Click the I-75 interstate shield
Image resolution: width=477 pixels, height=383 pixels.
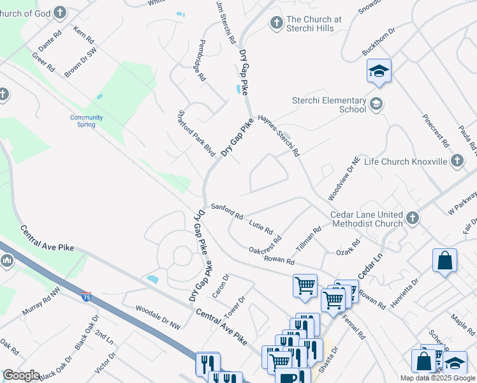tap(86, 296)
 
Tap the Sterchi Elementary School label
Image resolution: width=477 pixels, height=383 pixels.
tap(329, 105)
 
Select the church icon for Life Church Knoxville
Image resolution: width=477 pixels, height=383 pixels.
tap(457, 161)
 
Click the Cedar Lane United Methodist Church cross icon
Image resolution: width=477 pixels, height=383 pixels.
tap(412, 218)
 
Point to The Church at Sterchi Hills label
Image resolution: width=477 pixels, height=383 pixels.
tap(314, 24)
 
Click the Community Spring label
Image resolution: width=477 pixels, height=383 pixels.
tap(87, 121)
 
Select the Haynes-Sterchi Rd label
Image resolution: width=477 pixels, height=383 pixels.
tap(279, 136)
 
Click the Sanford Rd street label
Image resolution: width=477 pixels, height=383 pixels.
tap(227, 211)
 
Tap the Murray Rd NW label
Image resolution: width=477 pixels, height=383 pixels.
tap(41, 307)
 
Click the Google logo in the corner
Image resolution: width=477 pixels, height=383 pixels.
tap(22, 375)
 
